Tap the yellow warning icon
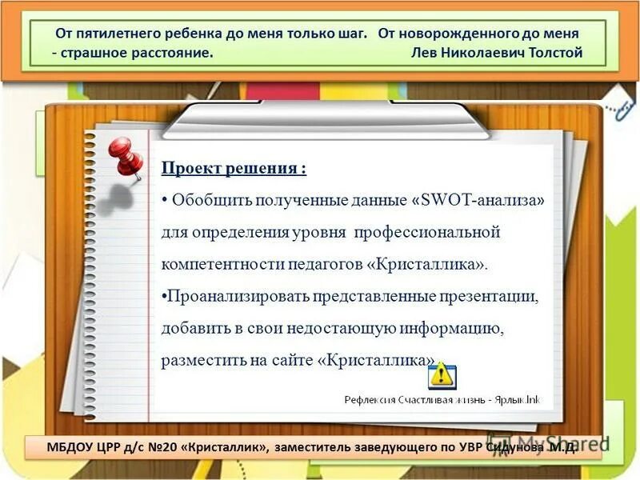pyautogui.click(x=442, y=374)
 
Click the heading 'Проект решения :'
pyautogui.click(x=234, y=169)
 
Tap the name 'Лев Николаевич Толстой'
pyautogui.click(x=496, y=53)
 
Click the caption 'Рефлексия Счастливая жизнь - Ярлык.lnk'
pyautogui.click(x=442, y=399)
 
